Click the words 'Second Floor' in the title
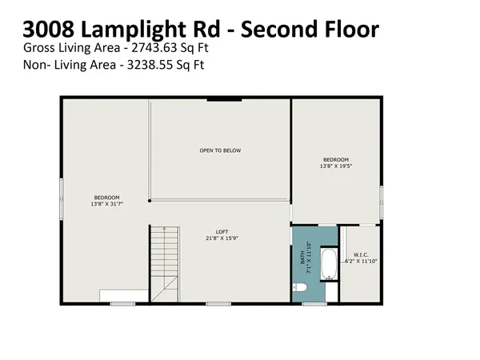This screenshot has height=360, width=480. (x=310, y=30)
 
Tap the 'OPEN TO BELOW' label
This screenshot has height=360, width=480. (x=220, y=150)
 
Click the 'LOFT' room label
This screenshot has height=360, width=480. (x=220, y=230)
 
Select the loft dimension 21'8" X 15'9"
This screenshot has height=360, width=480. (x=220, y=238)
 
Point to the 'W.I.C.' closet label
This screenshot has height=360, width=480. (x=360, y=254)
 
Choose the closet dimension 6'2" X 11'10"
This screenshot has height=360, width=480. (x=361, y=262)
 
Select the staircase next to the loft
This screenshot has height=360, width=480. (x=164, y=262)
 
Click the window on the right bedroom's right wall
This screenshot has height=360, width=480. (x=382, y=198)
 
